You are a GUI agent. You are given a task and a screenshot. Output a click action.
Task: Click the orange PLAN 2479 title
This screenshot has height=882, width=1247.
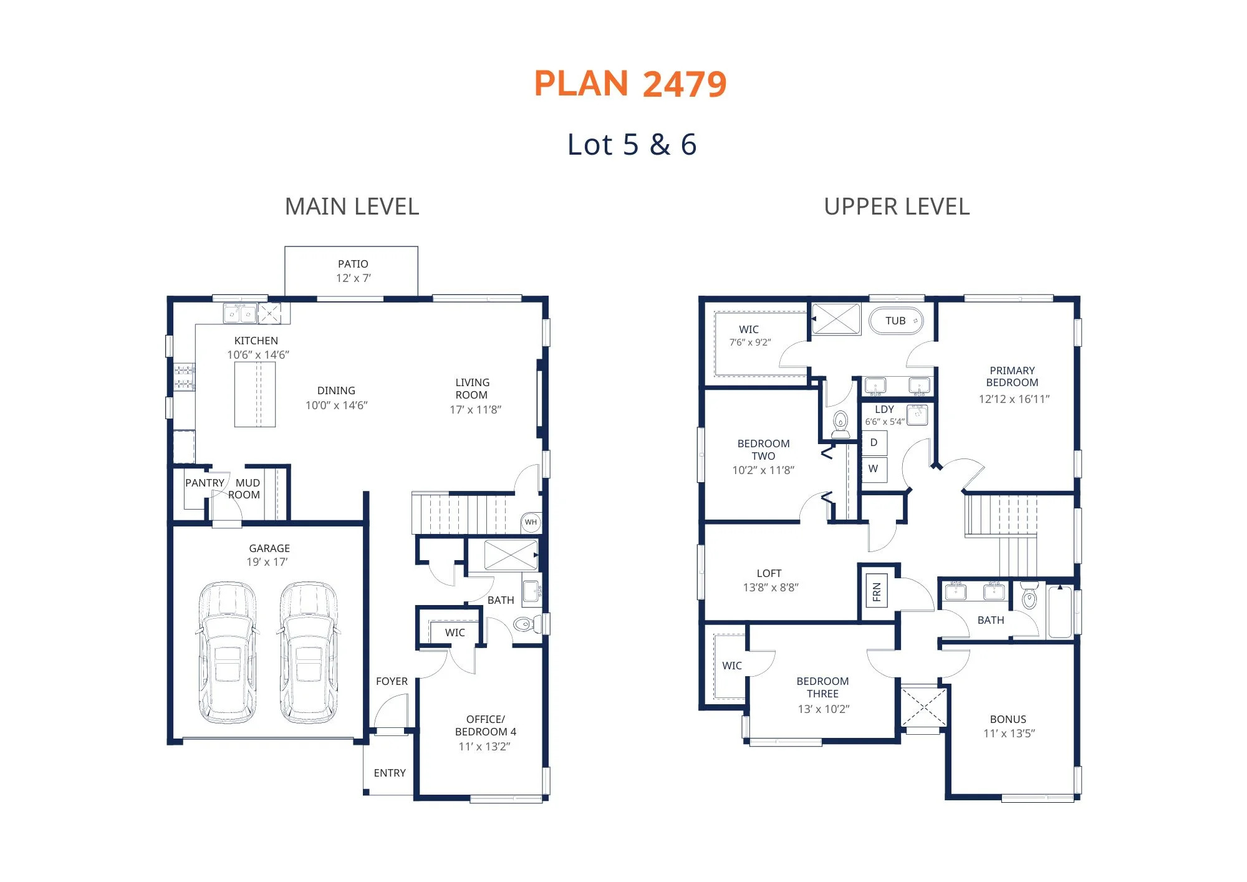(x=630, y=84)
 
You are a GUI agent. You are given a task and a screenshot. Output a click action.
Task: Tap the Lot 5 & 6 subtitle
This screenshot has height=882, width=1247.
(x=632, y=145)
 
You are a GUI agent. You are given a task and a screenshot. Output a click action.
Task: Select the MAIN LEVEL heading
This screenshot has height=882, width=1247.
(x=352, y=206)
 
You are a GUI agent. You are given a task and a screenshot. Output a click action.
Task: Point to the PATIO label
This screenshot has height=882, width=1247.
(x=353, y=264)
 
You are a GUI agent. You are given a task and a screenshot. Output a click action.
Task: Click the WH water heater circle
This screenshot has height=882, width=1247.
(x=531, y=522)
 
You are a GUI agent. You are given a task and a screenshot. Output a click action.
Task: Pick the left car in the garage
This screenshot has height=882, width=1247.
(x=227, y=652)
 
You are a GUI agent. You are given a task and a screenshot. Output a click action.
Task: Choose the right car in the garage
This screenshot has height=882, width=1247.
(x=309, y=652)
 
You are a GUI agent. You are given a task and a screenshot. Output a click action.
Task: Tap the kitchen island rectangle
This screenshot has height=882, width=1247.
(x=255, y=394)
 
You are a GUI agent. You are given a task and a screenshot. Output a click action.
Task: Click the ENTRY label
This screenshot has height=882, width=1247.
(x=390, y=773)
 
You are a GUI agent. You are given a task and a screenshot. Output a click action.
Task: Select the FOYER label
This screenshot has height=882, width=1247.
(x=392, y=681)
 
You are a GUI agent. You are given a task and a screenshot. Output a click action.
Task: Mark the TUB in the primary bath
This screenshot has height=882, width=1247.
(x=896, y=321)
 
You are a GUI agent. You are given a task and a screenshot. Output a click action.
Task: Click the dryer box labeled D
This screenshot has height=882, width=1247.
(x=874, y=443)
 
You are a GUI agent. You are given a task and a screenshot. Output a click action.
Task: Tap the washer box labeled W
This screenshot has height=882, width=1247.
(x=874, y=469)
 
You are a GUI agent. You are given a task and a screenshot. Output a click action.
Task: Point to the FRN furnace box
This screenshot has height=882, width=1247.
(x=877, y=591)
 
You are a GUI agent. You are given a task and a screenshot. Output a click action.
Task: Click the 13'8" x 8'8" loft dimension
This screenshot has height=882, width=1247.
(x=771, y=587)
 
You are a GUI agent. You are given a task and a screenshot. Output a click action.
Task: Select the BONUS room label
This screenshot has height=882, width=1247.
(x=1008, y=719)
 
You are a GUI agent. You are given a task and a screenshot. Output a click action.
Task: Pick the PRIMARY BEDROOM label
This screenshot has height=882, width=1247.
(x=1013, y=376)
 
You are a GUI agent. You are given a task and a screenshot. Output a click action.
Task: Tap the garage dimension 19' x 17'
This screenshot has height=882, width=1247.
(x=267, y=562)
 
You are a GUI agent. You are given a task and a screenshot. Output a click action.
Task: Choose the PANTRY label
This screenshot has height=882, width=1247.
(x=205, y=483)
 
